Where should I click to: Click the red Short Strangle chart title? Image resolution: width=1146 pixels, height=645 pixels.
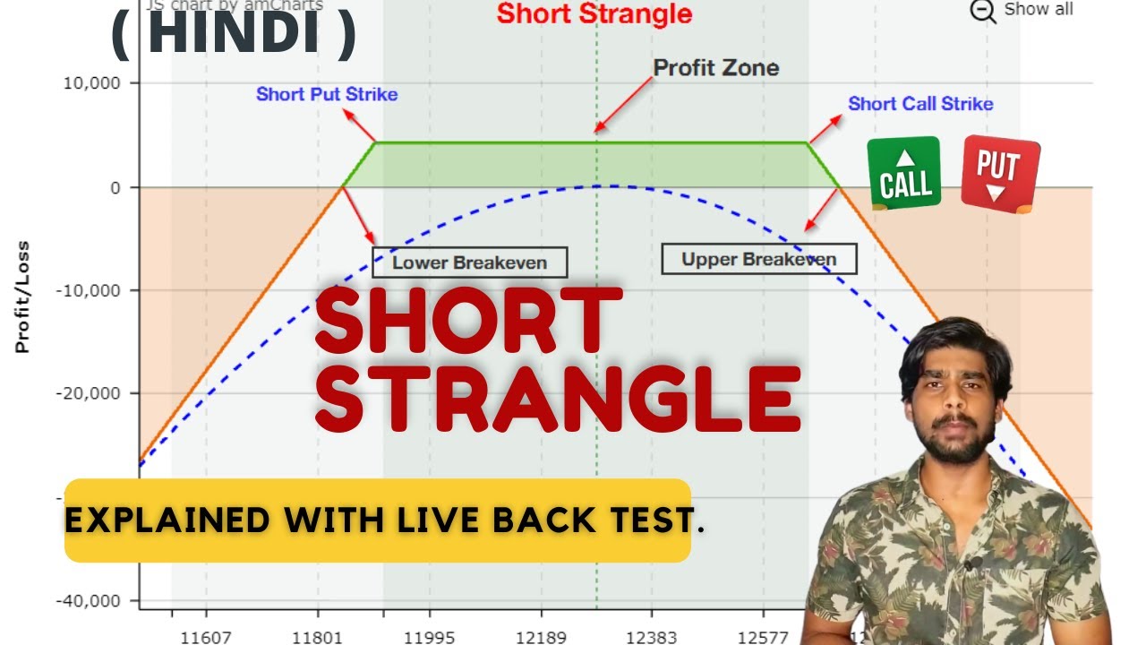pyautogui.click(x=594, y=14)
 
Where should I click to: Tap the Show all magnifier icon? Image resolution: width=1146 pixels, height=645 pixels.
pyautogui.click(x=983, y=12)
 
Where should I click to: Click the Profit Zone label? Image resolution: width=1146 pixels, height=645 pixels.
pyautogui.click(x=715, y=68)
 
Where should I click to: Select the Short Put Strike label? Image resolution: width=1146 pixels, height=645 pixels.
pyautogui.click(x=327, y=94)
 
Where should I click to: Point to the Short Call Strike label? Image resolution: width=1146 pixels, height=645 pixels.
pyautogui.click(x=920, y=104)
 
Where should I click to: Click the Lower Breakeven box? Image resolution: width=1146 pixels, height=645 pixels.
pyautogui.click(x=470, y=262)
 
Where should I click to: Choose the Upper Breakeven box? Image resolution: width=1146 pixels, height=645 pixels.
pyautogui.click(x=758, y=260)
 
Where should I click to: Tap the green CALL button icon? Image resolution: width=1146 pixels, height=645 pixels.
pyautogui.click(x=904, y=174)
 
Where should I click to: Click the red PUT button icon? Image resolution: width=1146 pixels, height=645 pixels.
pyautogui.click(x=1000, y=174)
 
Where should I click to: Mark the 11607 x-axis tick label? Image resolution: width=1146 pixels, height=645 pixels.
pyautogui.click(x=206, y=638)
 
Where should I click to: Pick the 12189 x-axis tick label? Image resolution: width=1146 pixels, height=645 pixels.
pyautogui.click(x=541, y=638)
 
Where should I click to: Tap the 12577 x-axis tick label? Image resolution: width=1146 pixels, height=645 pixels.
pyautogui.click(x=763, y=638)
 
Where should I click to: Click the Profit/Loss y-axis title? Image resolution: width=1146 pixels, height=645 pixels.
pyautogui.click(x=22, y=297)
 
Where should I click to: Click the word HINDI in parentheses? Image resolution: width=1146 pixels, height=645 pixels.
pyautogui.click(x=235, y=34)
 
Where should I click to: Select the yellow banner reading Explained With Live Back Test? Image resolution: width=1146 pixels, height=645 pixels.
pyautogui.click(x=378, y=520)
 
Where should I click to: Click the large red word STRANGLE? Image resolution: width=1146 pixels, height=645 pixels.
pyautogui.click(x=557, y=398)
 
